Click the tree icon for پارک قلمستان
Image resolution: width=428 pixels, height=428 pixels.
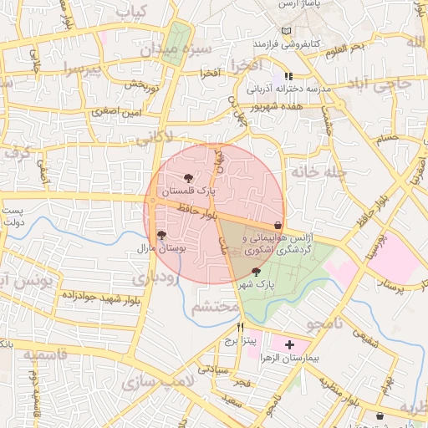coord(188,177)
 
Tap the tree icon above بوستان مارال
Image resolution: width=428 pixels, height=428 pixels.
coord(161,236)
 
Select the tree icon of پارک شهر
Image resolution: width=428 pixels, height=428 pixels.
coord(256,272)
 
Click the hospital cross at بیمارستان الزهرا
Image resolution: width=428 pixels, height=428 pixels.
coord(290,344)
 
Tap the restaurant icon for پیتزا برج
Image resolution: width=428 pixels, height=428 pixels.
coord(242,327)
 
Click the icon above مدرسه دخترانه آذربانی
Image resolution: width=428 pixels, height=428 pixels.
coord(289,76)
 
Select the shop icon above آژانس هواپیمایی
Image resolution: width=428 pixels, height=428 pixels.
coord(278,225)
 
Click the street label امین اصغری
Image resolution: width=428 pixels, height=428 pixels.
coord(120,111)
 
